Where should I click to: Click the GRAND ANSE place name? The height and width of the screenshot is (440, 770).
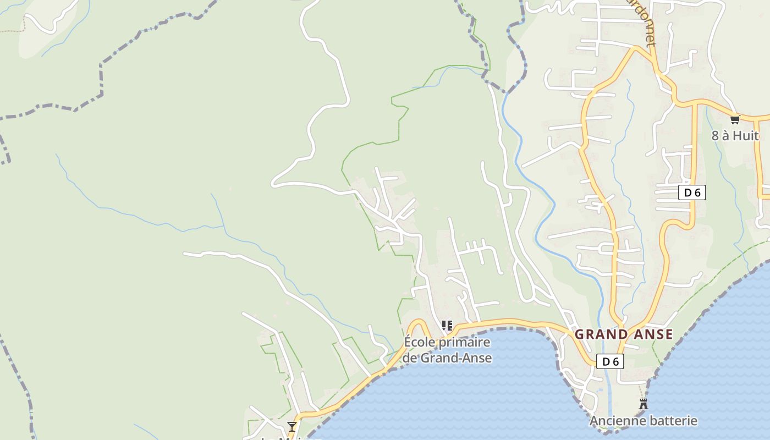coord(624,334)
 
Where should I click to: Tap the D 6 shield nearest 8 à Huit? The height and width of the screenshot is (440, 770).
coord(692,193)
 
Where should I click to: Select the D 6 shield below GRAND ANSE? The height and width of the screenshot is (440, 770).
coord(610,361)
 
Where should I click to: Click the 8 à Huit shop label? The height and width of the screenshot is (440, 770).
coord(735,135)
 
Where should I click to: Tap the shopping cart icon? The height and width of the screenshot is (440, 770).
coord(735,119)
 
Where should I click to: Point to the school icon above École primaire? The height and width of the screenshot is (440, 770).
coord(447,326)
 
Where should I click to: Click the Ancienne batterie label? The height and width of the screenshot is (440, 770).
coord(643,421)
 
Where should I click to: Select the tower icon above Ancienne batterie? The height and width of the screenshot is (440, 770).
coord(643,404)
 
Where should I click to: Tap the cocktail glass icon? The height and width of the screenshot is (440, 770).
coord(292,426)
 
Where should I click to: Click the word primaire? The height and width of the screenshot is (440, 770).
coord(463,342)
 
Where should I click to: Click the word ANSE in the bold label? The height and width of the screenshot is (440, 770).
coord(653,334)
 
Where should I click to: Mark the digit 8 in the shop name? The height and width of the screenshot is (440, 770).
coord(716,135)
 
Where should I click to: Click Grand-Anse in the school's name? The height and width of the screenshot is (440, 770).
coord(456,358)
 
